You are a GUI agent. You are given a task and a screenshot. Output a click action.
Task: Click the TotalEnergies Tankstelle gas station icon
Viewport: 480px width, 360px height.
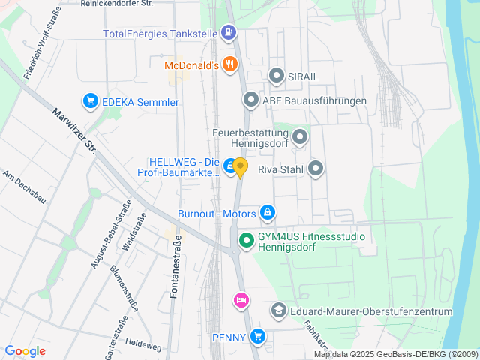coord(228,33)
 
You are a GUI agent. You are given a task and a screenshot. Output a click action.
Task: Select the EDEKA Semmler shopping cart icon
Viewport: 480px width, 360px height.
coord(91,101)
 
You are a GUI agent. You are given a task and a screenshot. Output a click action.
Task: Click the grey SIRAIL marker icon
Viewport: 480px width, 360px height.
coord(276,76)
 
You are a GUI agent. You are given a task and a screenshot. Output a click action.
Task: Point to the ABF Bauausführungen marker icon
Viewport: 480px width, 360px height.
coord(250,100)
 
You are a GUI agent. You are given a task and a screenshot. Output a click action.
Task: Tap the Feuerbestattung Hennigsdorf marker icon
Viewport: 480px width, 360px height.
coord(300,137)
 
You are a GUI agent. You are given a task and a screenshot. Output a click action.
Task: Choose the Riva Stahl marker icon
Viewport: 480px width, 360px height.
coord(316,169)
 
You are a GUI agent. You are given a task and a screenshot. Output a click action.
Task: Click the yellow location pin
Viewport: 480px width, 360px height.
coord(240,167)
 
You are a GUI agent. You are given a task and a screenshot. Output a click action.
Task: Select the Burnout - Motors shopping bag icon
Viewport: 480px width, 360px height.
coord(267,213)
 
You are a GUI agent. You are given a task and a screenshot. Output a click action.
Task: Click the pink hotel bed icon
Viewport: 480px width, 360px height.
coord(240,300)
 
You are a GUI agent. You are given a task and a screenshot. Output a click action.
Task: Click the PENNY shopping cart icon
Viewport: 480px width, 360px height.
coord(258,337)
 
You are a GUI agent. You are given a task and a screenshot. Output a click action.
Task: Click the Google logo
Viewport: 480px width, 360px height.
coord(25,351)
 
